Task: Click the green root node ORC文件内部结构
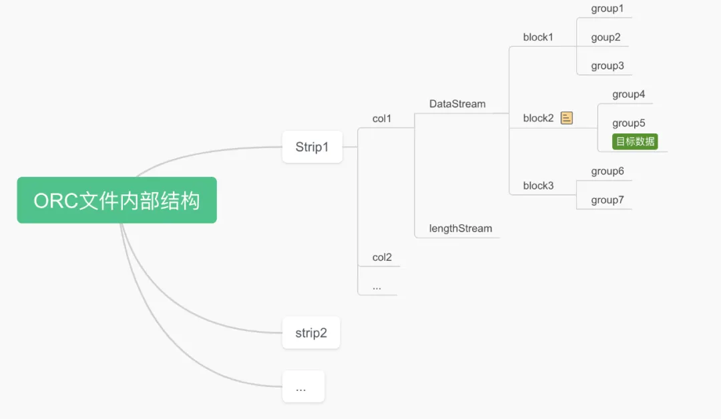coord(117,200)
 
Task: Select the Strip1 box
coord(312,147)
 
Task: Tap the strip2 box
coord(311,332)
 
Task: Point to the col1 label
coord(382,119)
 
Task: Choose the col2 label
coord(382,257)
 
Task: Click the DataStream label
coord(457,104)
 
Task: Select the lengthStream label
coord(461,228)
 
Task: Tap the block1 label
coord(538,37)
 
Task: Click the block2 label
coord(538,118)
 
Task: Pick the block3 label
coord(538,185)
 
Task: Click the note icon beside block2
coord(567,118)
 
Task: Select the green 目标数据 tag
coord(635,141)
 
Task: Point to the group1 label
coord(607,9)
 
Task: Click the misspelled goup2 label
coord(606,37)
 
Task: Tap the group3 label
coord(607,65)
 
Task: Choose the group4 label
coord(628,95)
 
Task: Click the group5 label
coord(628,123)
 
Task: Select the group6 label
coord(607,171)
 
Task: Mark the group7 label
coord(607,199)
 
